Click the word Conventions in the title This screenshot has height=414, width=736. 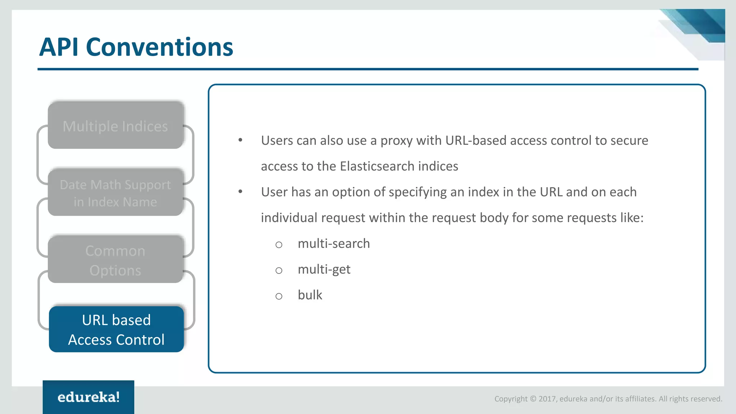tap(160, 47)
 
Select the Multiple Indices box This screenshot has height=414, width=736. tap(115, 126)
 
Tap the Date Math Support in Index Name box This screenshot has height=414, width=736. tap(115, 193)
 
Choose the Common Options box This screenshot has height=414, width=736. tap(115, 260)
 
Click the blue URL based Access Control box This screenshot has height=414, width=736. tap(116, 329)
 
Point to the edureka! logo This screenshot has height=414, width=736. tap(88, 397)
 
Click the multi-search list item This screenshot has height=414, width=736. tap(333, 244)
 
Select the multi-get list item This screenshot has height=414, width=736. tap(324, 270)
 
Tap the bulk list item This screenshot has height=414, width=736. tap(310, 295)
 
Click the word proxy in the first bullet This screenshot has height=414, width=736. tap(396, 141)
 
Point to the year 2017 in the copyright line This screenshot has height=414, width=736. tap(547, 399)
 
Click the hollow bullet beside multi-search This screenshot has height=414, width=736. tap(279, 245)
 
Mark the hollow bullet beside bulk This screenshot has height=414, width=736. tap(279, 296)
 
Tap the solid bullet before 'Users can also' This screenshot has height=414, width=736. tap(240, 141)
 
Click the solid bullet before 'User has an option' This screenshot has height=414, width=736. tap(240, 192)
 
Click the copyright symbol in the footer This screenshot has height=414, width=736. tap(533, 399)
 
